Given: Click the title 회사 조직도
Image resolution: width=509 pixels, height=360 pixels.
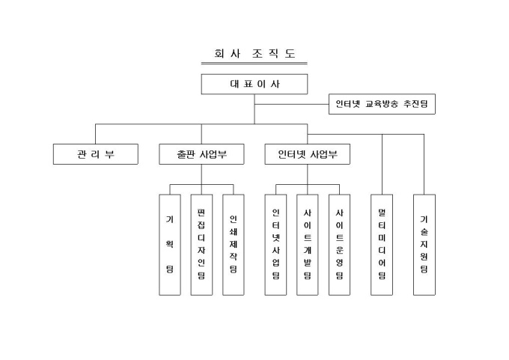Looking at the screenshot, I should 254,54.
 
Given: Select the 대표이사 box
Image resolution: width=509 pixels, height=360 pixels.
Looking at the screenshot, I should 254,84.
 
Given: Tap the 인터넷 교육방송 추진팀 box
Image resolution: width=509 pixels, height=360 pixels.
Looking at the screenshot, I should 382,104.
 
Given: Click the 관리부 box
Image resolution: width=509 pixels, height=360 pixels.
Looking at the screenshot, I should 96,154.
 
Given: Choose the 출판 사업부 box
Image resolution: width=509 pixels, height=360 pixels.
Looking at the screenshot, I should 202,154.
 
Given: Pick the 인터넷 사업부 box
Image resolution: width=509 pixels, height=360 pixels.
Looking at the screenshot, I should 308,154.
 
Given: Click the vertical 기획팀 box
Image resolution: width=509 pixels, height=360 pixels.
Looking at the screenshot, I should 170,244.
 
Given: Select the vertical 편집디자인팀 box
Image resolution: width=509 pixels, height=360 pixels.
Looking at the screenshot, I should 201,244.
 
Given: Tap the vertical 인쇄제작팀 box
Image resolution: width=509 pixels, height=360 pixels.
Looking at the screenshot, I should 234,244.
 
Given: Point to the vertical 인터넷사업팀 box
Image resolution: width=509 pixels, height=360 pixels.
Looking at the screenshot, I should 275,244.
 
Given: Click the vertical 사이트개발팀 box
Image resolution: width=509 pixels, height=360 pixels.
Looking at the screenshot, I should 308,244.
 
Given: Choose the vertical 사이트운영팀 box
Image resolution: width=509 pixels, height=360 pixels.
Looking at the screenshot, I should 340,244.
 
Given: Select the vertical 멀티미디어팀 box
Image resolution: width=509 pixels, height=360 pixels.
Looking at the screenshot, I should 382,244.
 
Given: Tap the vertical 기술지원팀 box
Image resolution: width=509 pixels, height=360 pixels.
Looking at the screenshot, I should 424,244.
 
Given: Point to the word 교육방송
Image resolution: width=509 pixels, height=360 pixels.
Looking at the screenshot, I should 382,104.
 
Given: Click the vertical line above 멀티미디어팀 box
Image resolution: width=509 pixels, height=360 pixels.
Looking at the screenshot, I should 382,165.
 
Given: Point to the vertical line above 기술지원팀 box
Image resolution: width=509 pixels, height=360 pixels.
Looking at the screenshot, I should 424,165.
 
